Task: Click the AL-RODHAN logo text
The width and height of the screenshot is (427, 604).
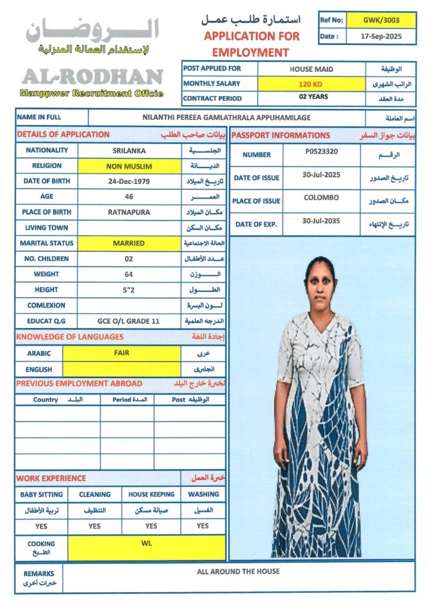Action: pyautogui.click(x=92, y=77)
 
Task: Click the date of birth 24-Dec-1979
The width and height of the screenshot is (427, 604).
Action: pyautogui.click(x=129, y=181)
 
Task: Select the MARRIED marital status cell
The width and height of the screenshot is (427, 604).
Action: pyautogui.click(x=129, y=243)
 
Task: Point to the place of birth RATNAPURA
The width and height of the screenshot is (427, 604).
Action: pyautogui.click(x=129, y=212)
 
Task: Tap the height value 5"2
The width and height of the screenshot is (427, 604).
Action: pyautogui.click(x=129, y=290)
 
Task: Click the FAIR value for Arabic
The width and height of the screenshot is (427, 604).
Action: pyautogui.click(x=121, y=353)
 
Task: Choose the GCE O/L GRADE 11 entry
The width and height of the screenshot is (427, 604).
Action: pyautogui.click(x=129, y=321)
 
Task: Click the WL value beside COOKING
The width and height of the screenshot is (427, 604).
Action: pyautogui.click(x=146, y=543)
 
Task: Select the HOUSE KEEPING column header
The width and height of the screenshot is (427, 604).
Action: pyautogui.click(x=151, y=494)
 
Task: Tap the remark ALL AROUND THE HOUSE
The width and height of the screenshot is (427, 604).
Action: pyautogui.click(x=238, y=572)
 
